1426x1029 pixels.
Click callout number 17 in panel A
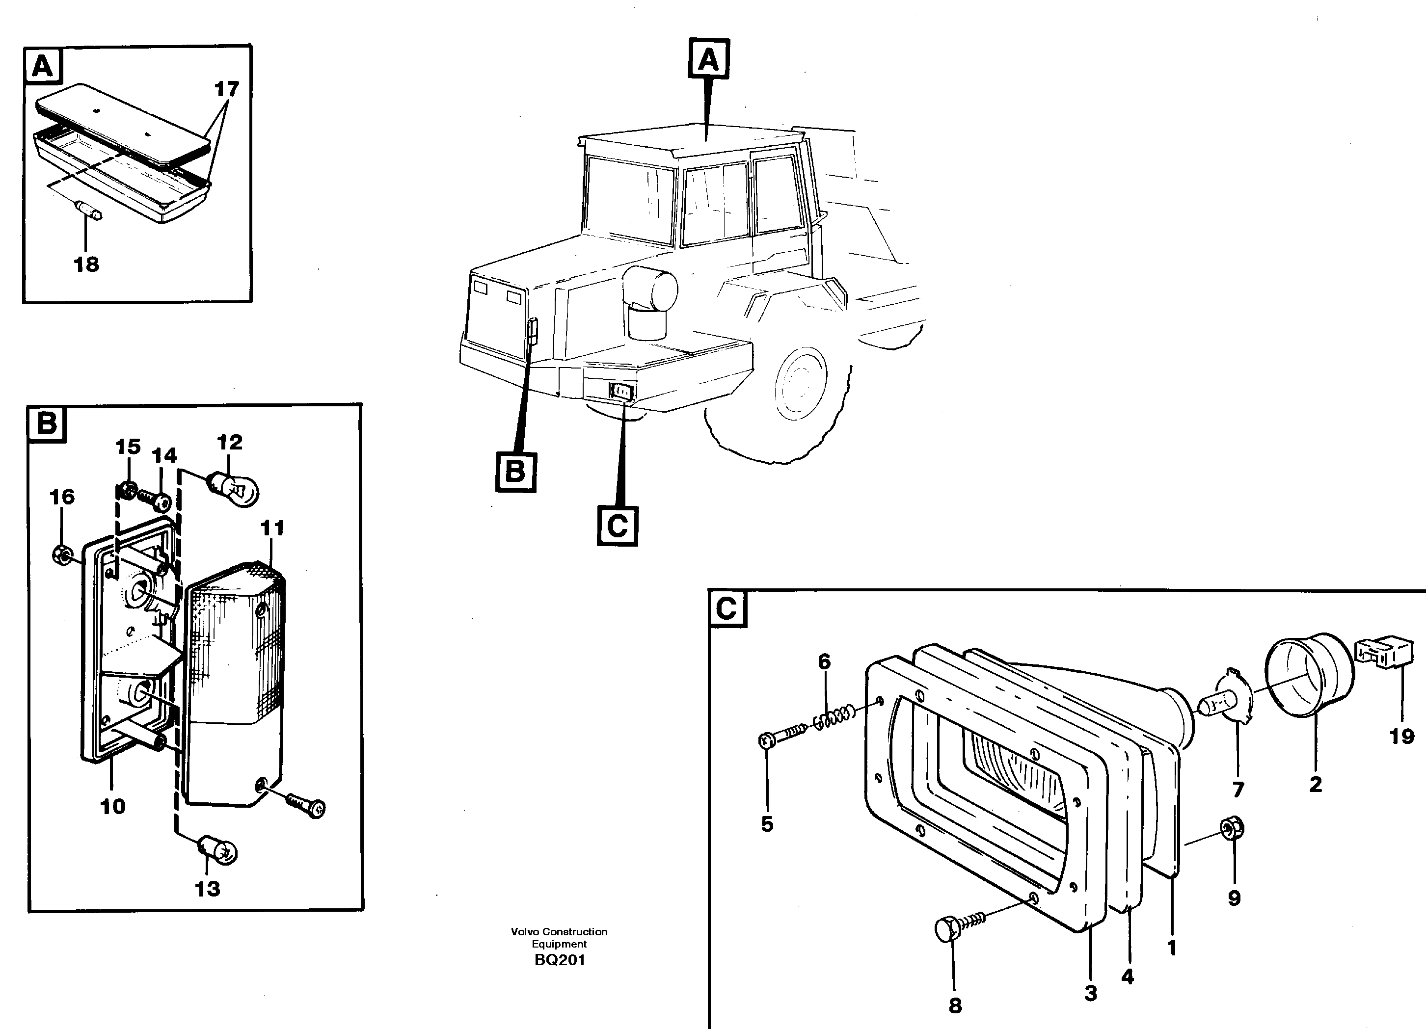[226, 89]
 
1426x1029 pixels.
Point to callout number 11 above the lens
[272, 528]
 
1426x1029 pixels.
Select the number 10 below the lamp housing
[112, 807]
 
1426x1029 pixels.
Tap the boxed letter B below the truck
[515, 471]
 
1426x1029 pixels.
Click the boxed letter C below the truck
[617, 526]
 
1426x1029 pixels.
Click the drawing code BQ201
[560, 960]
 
